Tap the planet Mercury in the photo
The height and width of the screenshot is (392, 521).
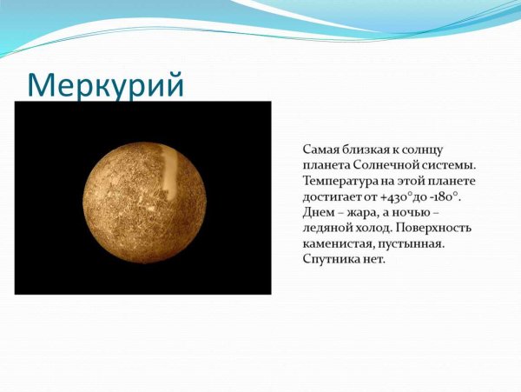tap(143, 197)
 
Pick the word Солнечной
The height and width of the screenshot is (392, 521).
tap(387, 165)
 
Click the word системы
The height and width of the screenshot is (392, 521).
tap(452, 165)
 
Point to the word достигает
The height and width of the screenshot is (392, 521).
tap(333, 196)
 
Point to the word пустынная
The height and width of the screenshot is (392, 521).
tap(412, 243)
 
